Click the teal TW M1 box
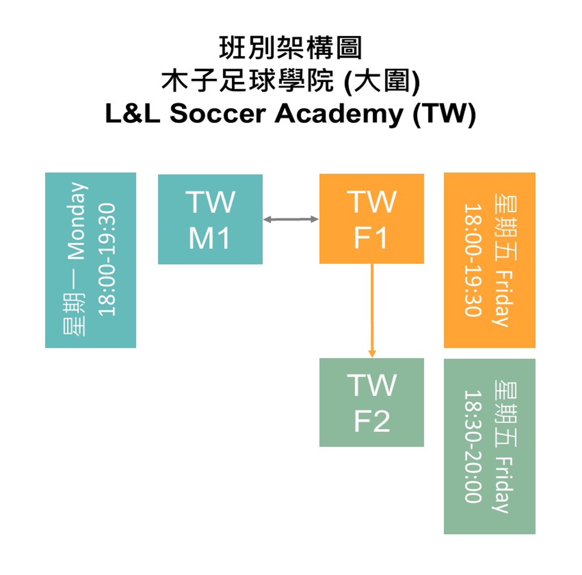click(x=210, y=219)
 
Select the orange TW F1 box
click(x=371, y=218)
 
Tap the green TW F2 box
click(x=371, y=402)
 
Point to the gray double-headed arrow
click(x=291, y=219)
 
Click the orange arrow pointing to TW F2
click(x=372, y=310)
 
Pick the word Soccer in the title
click(x=217, y=114)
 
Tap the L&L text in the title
click(x=132, y=114)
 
